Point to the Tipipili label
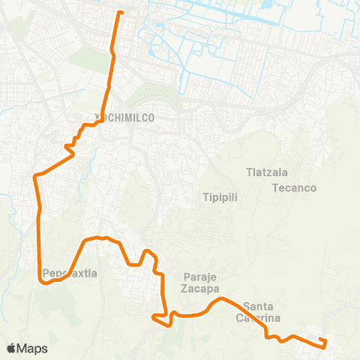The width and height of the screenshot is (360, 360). pos(220,198)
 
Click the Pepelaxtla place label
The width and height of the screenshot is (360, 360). pos(70,274)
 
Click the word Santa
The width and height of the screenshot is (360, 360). pos(259,306)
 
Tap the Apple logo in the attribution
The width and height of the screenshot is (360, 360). pos(12,348)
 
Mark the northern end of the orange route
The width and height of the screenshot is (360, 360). pos(119,12)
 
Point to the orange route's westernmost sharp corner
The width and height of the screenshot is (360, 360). pos(34,176)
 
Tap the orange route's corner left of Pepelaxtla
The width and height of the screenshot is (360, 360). pos(40,279)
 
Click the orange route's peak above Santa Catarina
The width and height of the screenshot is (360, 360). pos(220,299)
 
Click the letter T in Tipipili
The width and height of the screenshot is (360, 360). pos(205,198)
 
